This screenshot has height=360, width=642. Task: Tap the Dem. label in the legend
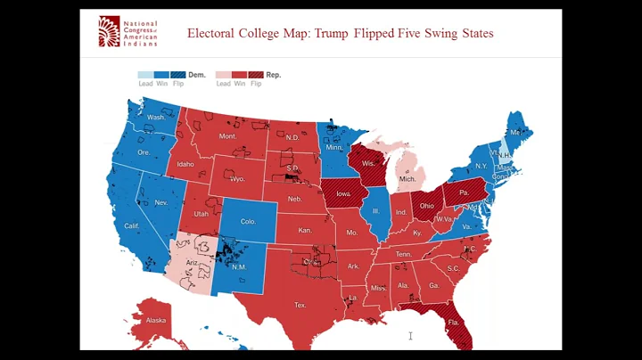click(x=197, y=76)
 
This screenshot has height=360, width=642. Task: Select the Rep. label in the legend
click(x=273, y=76)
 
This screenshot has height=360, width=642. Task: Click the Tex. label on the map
click(x=300, y=305)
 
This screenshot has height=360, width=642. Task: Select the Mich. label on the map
click(x=407, y=179)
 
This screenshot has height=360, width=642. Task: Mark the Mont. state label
click(x=227, y=136)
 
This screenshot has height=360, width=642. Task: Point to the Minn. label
click(x=333, y=147)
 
